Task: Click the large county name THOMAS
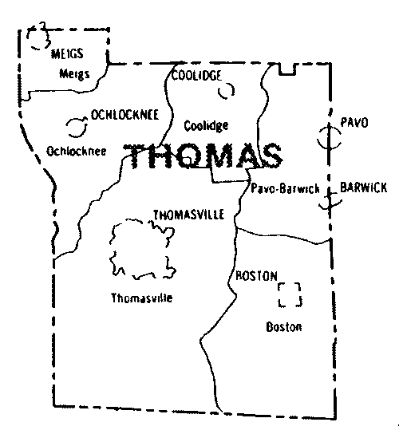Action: (205, 157)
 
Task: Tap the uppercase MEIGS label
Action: (68, 54)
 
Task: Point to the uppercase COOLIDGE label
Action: (196, 76)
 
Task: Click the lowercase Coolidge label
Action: (206, 126)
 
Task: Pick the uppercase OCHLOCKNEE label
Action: (124, 115)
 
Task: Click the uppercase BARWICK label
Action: (363, 187)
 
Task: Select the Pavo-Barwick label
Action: (285, 188)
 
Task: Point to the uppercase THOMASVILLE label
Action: (188, 215)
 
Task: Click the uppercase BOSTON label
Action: (255, 275)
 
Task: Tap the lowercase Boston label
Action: (284, 327)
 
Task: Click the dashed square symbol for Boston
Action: (290, 294)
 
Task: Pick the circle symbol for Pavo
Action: (327, 137)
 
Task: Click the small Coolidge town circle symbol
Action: (227, 91)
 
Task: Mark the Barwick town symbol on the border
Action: (326, 199)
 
